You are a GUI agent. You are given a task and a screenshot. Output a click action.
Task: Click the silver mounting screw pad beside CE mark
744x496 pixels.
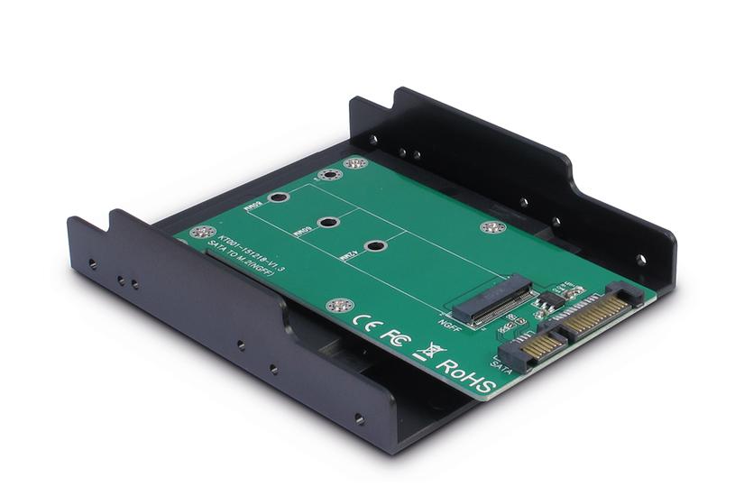click(336, 307)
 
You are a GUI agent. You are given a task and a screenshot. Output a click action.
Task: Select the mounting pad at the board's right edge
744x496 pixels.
click(491, 226)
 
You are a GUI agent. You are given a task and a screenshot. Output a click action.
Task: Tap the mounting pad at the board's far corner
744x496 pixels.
click(355, 163)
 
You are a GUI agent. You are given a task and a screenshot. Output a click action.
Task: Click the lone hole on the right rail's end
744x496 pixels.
click(640, 259)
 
